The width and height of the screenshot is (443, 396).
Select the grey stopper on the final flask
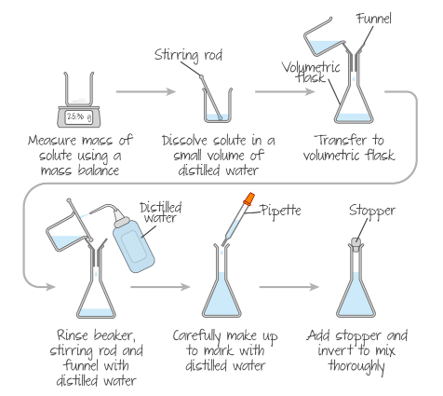[356, 242]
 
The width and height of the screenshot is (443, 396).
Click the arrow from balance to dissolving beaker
[145, 92]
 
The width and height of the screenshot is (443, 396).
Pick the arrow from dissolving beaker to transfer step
[285, 92]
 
